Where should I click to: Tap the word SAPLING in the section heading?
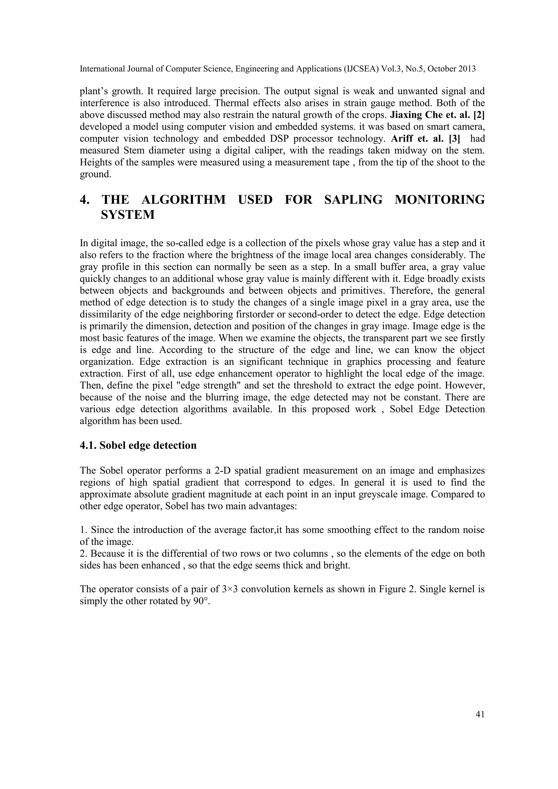[x=353, y=200]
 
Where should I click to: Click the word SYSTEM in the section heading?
[x=128, y=215]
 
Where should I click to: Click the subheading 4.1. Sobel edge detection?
[x=138, y=445]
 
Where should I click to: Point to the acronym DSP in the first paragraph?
[x=298, y=138]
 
